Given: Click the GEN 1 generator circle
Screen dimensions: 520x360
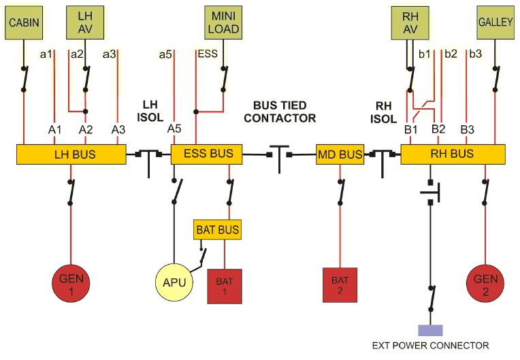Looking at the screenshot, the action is (71, 283).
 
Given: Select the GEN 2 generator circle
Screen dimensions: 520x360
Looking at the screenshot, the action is (485, 283).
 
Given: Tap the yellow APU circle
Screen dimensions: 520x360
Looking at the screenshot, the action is (174, 282).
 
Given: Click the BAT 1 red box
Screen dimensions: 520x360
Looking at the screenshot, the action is (225, 286).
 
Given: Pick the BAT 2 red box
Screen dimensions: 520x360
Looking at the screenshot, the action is (340, 285).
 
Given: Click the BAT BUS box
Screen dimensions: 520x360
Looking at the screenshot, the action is (217, 229).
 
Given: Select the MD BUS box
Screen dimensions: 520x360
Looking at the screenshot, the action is (340, 154).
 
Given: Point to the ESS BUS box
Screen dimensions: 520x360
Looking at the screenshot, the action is (207, 154).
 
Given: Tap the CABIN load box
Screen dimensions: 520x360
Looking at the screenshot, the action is (24, 22).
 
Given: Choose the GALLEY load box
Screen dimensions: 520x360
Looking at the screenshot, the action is (495, 22).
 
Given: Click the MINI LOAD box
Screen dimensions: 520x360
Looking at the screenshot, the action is (223, 22).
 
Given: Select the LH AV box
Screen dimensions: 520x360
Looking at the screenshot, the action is (85, 22).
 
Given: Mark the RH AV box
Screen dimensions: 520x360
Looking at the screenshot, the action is (410, 23).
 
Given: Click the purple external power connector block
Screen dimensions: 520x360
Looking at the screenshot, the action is (430, 331).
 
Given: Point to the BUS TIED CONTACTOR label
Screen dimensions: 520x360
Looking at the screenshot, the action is (280, 112).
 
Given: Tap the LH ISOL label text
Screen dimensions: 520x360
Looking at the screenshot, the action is (150, 111).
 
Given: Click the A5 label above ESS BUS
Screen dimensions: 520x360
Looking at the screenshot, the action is (174, 129).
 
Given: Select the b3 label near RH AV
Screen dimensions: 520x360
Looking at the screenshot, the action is (475, 54).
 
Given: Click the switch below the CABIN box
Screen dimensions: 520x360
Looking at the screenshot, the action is (24, 79).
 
